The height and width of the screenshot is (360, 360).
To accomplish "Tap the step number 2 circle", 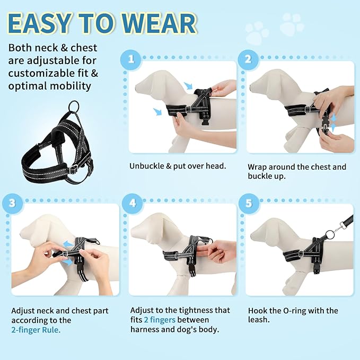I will coord(248,58).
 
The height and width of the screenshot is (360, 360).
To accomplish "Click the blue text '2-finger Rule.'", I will coord(36,329).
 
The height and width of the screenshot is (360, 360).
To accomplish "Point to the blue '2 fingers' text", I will coord(160,320).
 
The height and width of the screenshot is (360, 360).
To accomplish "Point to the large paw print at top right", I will coord(292,24).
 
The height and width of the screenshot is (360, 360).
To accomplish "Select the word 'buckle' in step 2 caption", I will coord(261,177).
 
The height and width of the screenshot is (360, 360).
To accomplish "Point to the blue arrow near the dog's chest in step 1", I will coord(157,111).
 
